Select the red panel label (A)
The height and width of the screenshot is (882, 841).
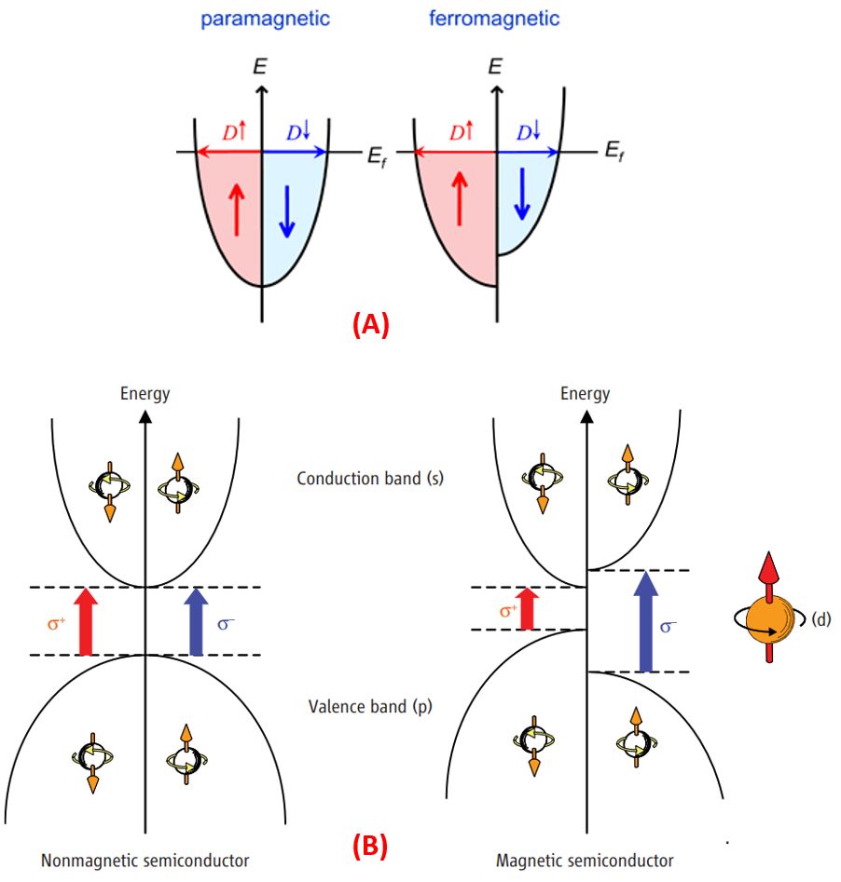point(370,324)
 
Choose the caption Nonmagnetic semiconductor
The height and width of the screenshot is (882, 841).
point(145,860)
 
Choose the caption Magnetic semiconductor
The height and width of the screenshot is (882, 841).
point(585,860)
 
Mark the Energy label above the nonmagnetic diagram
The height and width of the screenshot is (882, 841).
point(145,393)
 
